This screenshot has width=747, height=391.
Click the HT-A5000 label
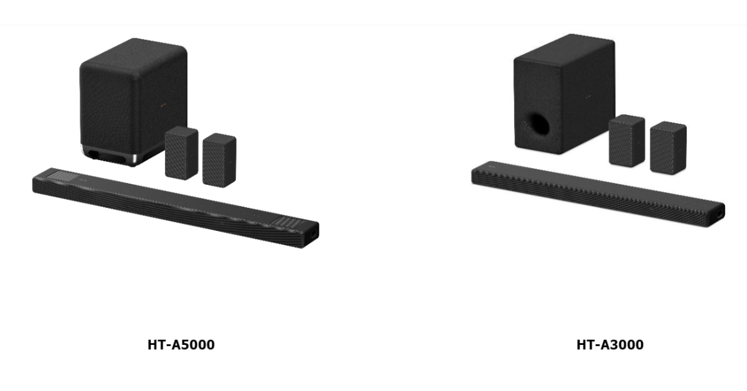tap(181, 344)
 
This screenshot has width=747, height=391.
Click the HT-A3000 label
tap(609, 344)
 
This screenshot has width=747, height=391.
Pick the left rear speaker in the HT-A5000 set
tap(181, 153)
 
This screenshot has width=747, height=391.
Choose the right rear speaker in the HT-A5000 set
tap(219, 159)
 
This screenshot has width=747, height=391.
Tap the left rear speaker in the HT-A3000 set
tap(626, 140)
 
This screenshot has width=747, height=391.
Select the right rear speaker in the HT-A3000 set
tap(668, 148)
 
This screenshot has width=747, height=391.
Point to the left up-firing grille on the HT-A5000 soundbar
tap(62, 177)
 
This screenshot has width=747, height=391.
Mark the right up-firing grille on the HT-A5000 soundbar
tap(291, 222)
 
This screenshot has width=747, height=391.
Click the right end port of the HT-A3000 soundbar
tap(720, 211)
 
